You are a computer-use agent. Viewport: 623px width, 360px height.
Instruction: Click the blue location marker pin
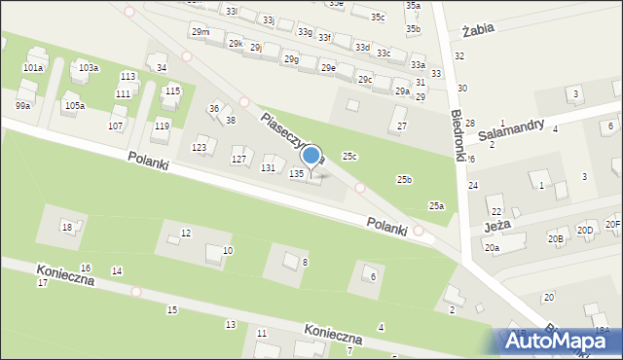[311, 156]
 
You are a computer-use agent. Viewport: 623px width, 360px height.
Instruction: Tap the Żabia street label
[479, 29]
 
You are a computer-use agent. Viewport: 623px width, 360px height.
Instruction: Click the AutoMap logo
[554, 340]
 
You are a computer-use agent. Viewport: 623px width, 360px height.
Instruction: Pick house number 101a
[33, 68]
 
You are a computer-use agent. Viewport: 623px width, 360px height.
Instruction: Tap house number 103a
[89, 67]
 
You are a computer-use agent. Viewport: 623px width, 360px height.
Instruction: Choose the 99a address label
[23, 105]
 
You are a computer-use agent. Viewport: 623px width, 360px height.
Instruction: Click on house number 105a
[74, 105]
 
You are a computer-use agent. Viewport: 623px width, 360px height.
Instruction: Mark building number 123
[200, 147]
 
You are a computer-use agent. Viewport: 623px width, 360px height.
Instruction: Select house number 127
[238, 159]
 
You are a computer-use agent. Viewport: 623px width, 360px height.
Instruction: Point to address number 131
[268, 167]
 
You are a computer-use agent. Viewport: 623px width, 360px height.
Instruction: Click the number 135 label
[297, 173]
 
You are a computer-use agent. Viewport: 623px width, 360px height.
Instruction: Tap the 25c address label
[349, 157]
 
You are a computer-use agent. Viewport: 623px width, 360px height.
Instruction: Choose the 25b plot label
[404, 180]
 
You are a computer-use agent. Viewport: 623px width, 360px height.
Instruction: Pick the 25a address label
[437, 205]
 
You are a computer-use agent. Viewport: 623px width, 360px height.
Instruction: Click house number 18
[66, 227]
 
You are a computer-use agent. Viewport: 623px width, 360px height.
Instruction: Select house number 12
[186, 233]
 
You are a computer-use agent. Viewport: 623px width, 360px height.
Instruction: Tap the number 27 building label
[401, 126]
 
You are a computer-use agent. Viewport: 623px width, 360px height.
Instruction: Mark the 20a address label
[492, 248]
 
